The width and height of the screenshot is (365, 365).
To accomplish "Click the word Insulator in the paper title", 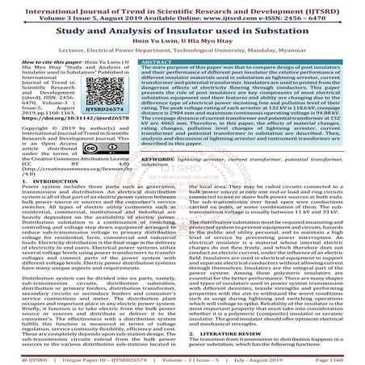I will tap(205, 33).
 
